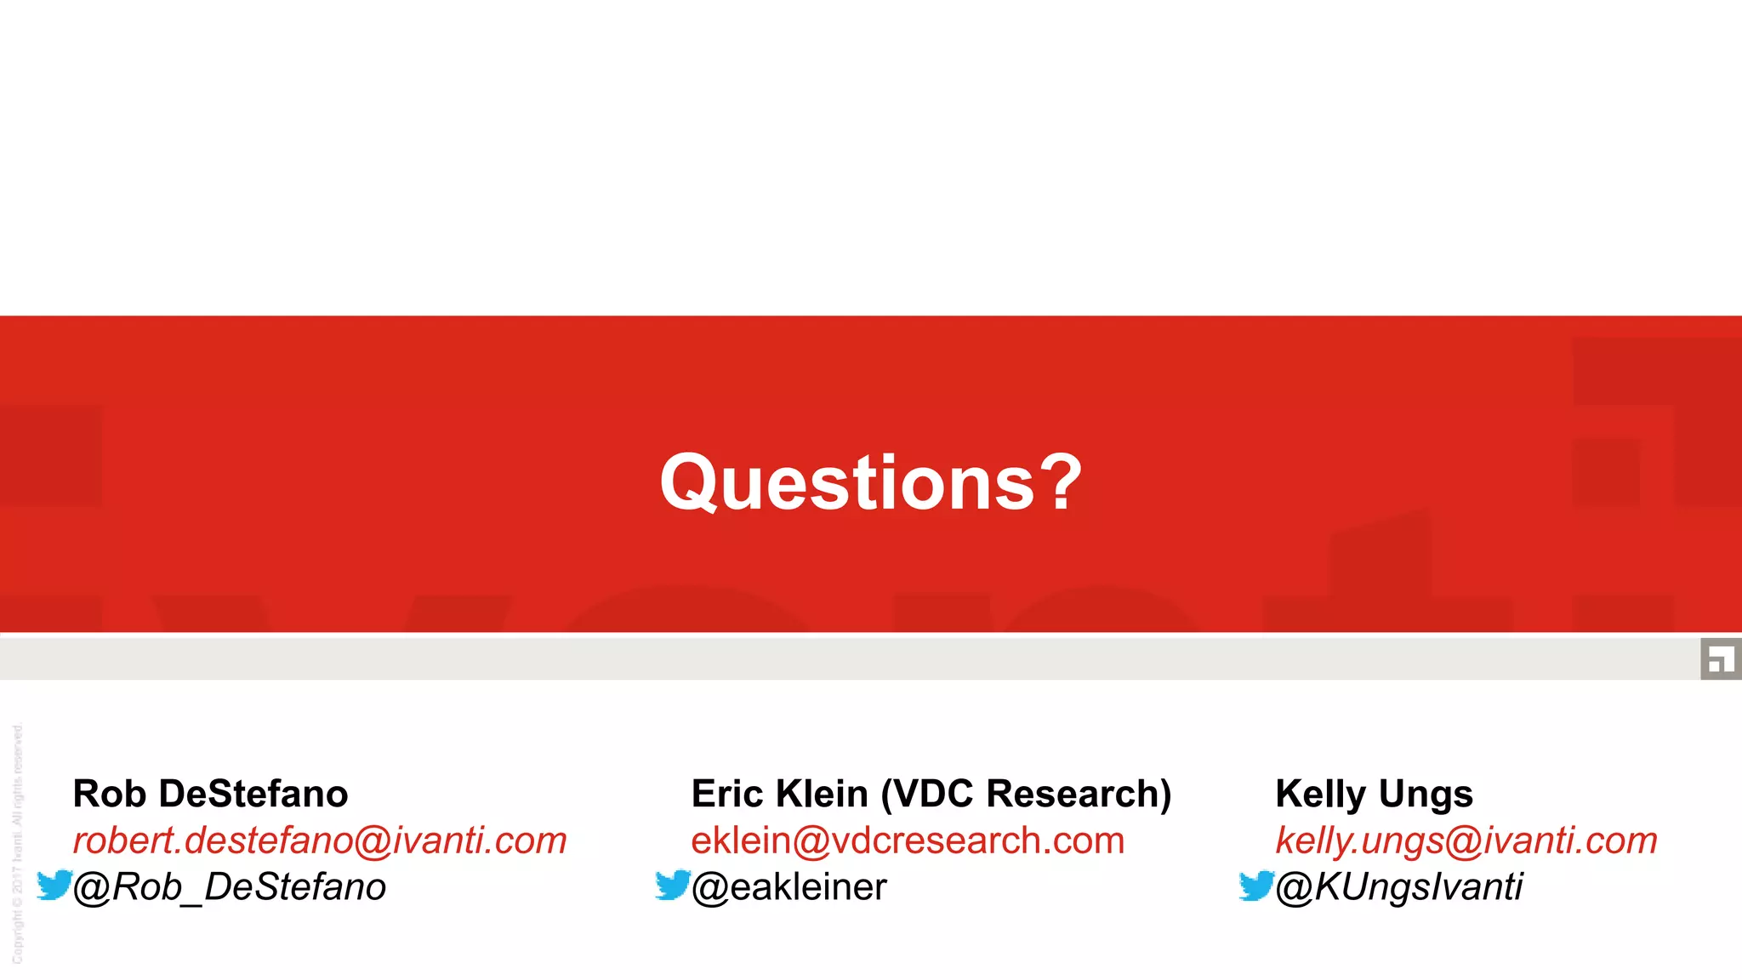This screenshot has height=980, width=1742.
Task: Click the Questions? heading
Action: click(871, 482)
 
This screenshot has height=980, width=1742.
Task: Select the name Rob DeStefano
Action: click(210, 794)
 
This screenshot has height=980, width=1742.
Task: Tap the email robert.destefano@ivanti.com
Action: click(320, 840)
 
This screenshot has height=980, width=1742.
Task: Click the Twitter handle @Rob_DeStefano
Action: click(230, 887)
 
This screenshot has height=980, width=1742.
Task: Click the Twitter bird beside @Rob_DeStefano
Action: click(54, 885)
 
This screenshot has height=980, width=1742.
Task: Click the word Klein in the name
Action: click(823, 794)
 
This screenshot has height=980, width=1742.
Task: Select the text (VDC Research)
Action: click(1026, 794)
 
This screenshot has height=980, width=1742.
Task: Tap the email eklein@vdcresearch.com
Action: click(908, 840)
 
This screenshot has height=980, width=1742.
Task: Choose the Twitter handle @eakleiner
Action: click(789, 887)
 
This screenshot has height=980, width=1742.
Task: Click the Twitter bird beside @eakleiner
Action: click(673, 885)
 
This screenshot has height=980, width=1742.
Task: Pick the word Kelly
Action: click(1320, 795)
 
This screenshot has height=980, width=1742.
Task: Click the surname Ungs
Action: click(1426, 795)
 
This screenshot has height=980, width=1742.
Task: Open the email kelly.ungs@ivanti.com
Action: click(1466, 840)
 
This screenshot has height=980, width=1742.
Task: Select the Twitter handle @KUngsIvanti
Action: click(1399, 887)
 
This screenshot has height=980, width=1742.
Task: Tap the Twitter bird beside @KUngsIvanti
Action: click(1256, 885)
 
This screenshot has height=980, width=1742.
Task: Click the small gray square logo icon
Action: click(1721, 658)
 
